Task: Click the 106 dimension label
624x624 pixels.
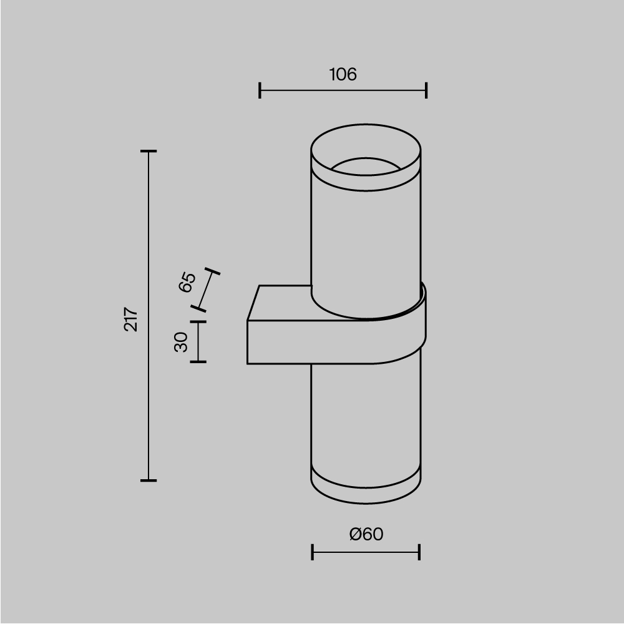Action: (343, 75)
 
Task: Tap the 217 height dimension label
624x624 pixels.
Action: (131, 319)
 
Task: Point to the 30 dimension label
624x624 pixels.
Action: (181, 341)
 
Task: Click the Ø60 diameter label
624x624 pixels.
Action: (366, 534)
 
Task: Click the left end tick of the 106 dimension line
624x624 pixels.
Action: (260, 90)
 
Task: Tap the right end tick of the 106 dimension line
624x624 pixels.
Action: (426, 90)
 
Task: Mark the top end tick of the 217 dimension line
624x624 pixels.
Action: (148, 151)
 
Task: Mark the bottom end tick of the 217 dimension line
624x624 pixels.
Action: (148, 480)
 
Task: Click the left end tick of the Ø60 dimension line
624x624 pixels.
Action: (312, 552)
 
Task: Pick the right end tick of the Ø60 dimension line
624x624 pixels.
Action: (419, 552)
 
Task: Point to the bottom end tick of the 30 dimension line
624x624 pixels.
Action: (198, 361)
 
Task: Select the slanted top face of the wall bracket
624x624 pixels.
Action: (281, 303)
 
